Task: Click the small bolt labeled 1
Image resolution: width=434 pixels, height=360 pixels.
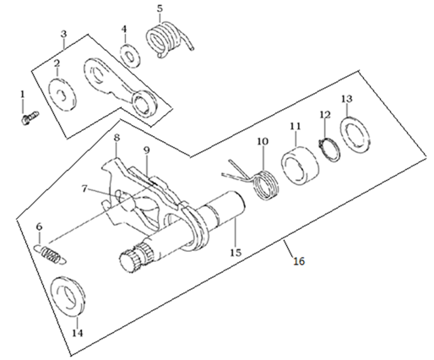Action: point(30,117)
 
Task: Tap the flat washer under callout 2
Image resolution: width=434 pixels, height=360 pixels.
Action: point(62,95)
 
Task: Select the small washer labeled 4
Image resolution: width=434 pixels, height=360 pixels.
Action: point(130,55)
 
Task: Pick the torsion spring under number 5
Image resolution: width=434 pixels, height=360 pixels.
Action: point(168,40)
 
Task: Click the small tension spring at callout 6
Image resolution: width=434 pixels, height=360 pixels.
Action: point(51,254)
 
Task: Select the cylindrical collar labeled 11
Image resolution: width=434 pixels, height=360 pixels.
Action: point(301,166)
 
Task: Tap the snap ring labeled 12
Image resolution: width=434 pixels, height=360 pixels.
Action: point(329,149)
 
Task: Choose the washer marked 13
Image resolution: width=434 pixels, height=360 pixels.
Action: point(355,134)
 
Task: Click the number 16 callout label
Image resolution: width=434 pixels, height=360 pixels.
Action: point(299,261)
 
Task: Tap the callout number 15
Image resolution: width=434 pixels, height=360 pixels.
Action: point(236,253)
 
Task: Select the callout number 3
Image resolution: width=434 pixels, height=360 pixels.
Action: point(64,34)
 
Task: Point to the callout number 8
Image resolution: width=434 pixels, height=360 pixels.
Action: point(117,138)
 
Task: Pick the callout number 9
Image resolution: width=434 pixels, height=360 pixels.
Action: point(147,150)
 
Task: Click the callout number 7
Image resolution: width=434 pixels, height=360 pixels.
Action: point(84,188)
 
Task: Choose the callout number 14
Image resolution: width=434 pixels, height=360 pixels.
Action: point(78,333)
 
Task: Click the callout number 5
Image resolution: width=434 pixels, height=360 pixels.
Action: point(160,8)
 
